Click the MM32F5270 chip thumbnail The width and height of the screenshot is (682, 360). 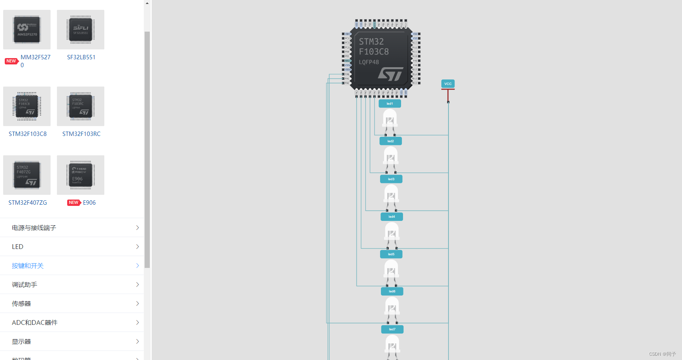pos(27,30)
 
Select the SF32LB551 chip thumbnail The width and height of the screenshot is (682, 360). pos(81,30)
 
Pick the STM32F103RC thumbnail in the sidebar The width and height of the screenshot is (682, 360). pos(81,106)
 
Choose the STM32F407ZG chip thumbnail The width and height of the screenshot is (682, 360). pos(27,175)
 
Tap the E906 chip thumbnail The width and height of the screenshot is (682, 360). pos(81,175)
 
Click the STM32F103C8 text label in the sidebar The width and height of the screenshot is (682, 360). pos(28,134)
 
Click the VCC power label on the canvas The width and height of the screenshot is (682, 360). pos(448,84)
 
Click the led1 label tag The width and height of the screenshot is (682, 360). pos(390,104)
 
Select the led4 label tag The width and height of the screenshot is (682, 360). pos(392,217)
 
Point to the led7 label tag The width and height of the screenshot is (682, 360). pos(392,329)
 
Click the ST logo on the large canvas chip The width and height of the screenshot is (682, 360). pos(390,74)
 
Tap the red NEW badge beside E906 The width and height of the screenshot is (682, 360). pos(74,203)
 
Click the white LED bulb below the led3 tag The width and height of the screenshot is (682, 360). pos(391,194)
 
